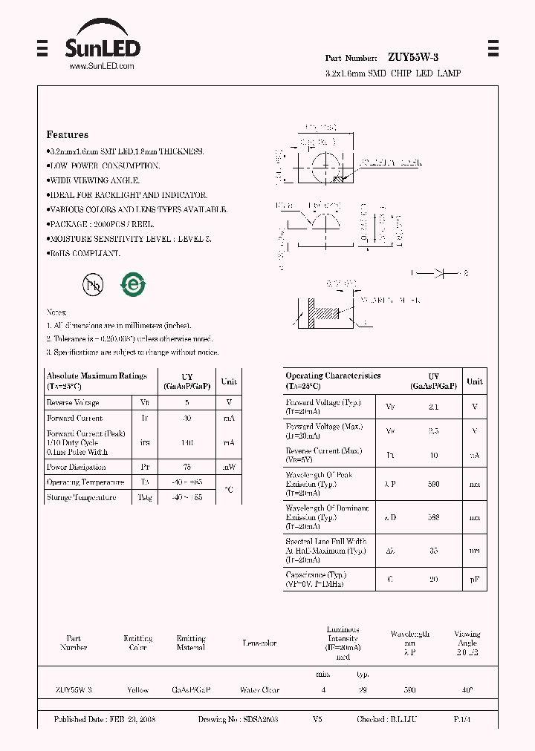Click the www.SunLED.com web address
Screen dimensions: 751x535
tap(102, 67)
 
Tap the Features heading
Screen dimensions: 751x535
tap(68, 135)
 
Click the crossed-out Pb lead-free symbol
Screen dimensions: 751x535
tap(93, 283)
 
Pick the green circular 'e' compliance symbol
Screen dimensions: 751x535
tap(134, 283)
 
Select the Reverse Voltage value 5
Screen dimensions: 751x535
tap(187, 403)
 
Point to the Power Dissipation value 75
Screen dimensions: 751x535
tap(187, 468)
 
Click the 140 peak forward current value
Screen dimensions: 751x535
tap(187, 442)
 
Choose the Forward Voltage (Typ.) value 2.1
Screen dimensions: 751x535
tap(434, 407)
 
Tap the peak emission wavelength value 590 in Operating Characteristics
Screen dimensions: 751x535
tap(434, 484)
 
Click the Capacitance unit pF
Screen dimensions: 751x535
tap(474, 580)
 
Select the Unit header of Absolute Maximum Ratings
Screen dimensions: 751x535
tap(229, 381)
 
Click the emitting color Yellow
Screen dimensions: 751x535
tap(137, 690)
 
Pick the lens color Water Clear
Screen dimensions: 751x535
tap(259, 690)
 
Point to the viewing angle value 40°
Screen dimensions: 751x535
tap(467, 690)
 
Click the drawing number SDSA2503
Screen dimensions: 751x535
tap(259, 720)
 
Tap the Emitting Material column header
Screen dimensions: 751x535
tap(191, 643)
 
